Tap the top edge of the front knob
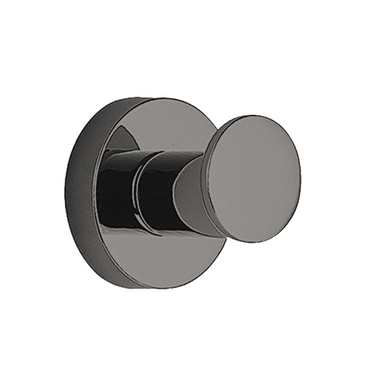pyautogui.click(x=254, y=116)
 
